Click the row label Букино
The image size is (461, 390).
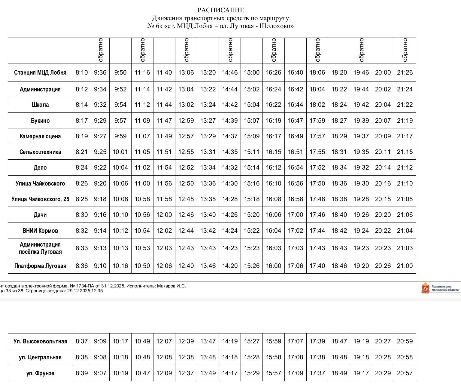click(x=40, y=121)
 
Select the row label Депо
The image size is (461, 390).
click(x=40, y=167)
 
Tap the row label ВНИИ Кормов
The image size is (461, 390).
click(x=40, y=231)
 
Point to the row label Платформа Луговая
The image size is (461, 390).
click(x=40, y=266)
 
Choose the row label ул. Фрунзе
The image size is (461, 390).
click(x=40, y=373)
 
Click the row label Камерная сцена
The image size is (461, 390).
click(x=40, y=136)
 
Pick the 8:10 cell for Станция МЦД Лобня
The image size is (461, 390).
click(x=82, y=72)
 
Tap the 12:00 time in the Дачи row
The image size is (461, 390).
click(x=164, y=215)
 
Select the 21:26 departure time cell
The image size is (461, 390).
click(x=405, y=72)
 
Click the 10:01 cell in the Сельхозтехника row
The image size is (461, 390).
click(x=120, y=152)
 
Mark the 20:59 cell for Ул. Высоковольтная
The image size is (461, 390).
click(x=405, y=341)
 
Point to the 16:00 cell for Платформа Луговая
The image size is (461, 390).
click(x=274, y=266)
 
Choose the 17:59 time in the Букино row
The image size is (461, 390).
click(x=317, y=121)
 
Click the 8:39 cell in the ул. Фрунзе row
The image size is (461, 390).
click(x=82, y=373)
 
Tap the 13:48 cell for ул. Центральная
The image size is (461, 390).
click(x=208, y=357)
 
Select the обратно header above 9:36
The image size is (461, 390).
click(x=100, y=50)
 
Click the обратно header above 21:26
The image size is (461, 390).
click(x=405, y=50)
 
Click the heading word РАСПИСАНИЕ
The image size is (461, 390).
click(x=221, y=11)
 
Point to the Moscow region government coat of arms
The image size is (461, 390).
click(x=425, y=288)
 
